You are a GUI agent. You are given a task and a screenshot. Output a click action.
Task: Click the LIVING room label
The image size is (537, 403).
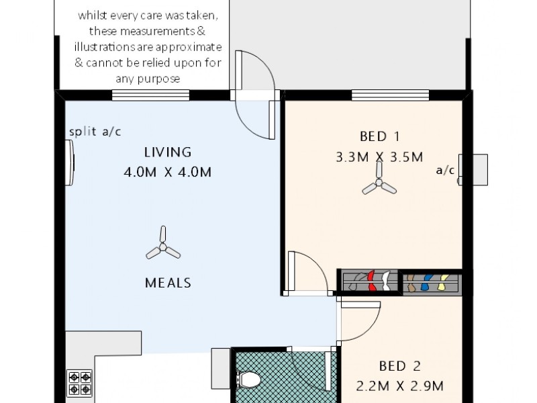coord(168,152)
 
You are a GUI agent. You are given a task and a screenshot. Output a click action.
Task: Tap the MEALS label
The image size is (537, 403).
coord(168,283)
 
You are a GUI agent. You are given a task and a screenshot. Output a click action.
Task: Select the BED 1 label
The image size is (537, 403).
coord(380,137)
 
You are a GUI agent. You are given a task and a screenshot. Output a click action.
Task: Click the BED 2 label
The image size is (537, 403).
coord(401,366)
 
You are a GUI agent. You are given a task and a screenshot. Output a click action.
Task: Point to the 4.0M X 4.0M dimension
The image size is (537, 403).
coord(168,172)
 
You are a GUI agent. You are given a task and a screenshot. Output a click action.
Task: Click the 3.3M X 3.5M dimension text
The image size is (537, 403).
coord(379,158)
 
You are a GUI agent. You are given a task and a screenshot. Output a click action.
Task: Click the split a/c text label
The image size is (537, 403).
coord(95,132)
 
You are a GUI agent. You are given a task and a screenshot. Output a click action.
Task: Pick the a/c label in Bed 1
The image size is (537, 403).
coord(445,170)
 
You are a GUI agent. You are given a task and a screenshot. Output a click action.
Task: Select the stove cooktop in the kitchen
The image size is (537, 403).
coord(79,383)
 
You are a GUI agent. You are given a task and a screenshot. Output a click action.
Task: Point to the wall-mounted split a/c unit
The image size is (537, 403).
coord(70,161)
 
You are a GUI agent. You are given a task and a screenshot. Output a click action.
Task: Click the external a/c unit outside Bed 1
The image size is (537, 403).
coord(479,171)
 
